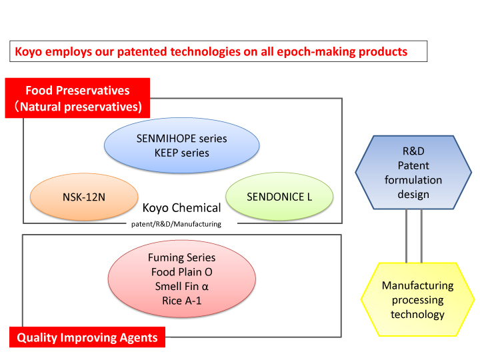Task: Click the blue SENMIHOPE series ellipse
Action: tap(181, 145)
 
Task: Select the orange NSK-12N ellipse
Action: tap(84, 197)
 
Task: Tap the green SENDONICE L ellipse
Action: tap(279, 196)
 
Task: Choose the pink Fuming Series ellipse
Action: tap(182, 279)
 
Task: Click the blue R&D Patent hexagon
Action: tap(413, 173)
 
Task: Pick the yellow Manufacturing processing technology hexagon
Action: tap(417, 299)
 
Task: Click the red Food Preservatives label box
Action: tap(77, 98)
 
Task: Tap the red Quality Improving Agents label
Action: tap(87, 337)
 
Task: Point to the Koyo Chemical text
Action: tap(181, 208)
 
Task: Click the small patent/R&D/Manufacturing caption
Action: tap(176, 224)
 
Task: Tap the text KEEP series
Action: tap(182, 153)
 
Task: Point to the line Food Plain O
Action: tap(182, 272)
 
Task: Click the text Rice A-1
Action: tap(182, 301)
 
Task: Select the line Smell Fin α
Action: tap(182, 286)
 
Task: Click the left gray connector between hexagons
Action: tap(406, 236)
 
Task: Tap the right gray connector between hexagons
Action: tap(421, 236)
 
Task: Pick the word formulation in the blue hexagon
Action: tap(413, 180)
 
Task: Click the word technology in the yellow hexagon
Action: tap(417, 315)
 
